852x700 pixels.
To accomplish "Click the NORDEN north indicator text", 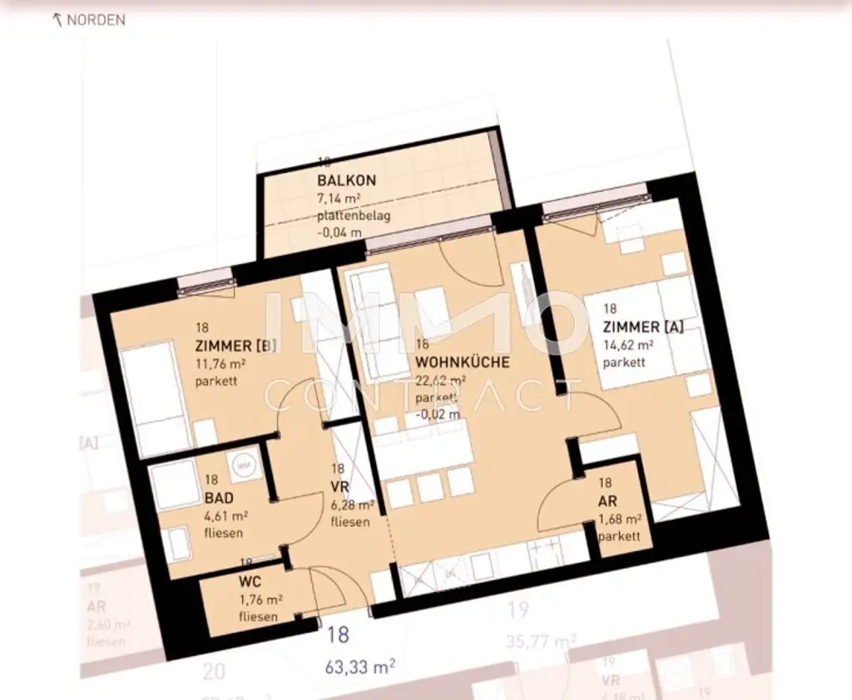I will [95, 20].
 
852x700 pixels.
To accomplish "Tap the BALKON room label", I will [346, 180].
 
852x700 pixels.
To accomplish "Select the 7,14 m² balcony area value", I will [339, 199].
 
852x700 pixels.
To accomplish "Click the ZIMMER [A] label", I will [643, 328].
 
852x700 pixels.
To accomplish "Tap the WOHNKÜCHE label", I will [462, 363].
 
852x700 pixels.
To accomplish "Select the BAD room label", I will [219, 499].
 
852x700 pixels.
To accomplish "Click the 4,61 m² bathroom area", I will [226, 516].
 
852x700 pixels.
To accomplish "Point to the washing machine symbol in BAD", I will [244, 466].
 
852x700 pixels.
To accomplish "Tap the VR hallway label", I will [339, 487].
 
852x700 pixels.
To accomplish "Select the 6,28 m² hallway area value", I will [352, 505].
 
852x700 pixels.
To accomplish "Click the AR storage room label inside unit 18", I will [607, 501].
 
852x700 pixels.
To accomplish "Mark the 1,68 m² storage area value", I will [619, 520].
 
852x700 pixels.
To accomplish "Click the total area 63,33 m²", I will [360, 665].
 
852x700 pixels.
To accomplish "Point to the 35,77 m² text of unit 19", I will [542, 642].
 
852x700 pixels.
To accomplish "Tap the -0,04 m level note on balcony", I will [339, 232].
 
